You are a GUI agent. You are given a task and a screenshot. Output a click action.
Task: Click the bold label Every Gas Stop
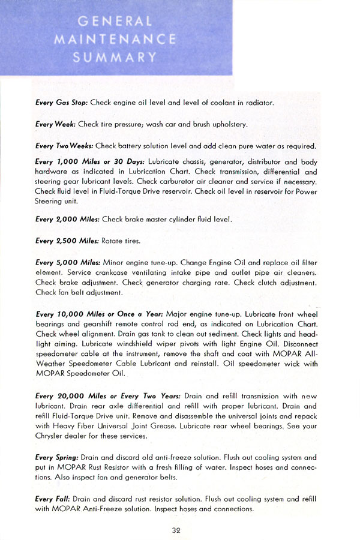[62, 103]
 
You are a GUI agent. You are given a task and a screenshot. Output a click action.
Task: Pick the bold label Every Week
[53, 125]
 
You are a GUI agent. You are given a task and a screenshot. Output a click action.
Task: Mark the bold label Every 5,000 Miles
[68, 262]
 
